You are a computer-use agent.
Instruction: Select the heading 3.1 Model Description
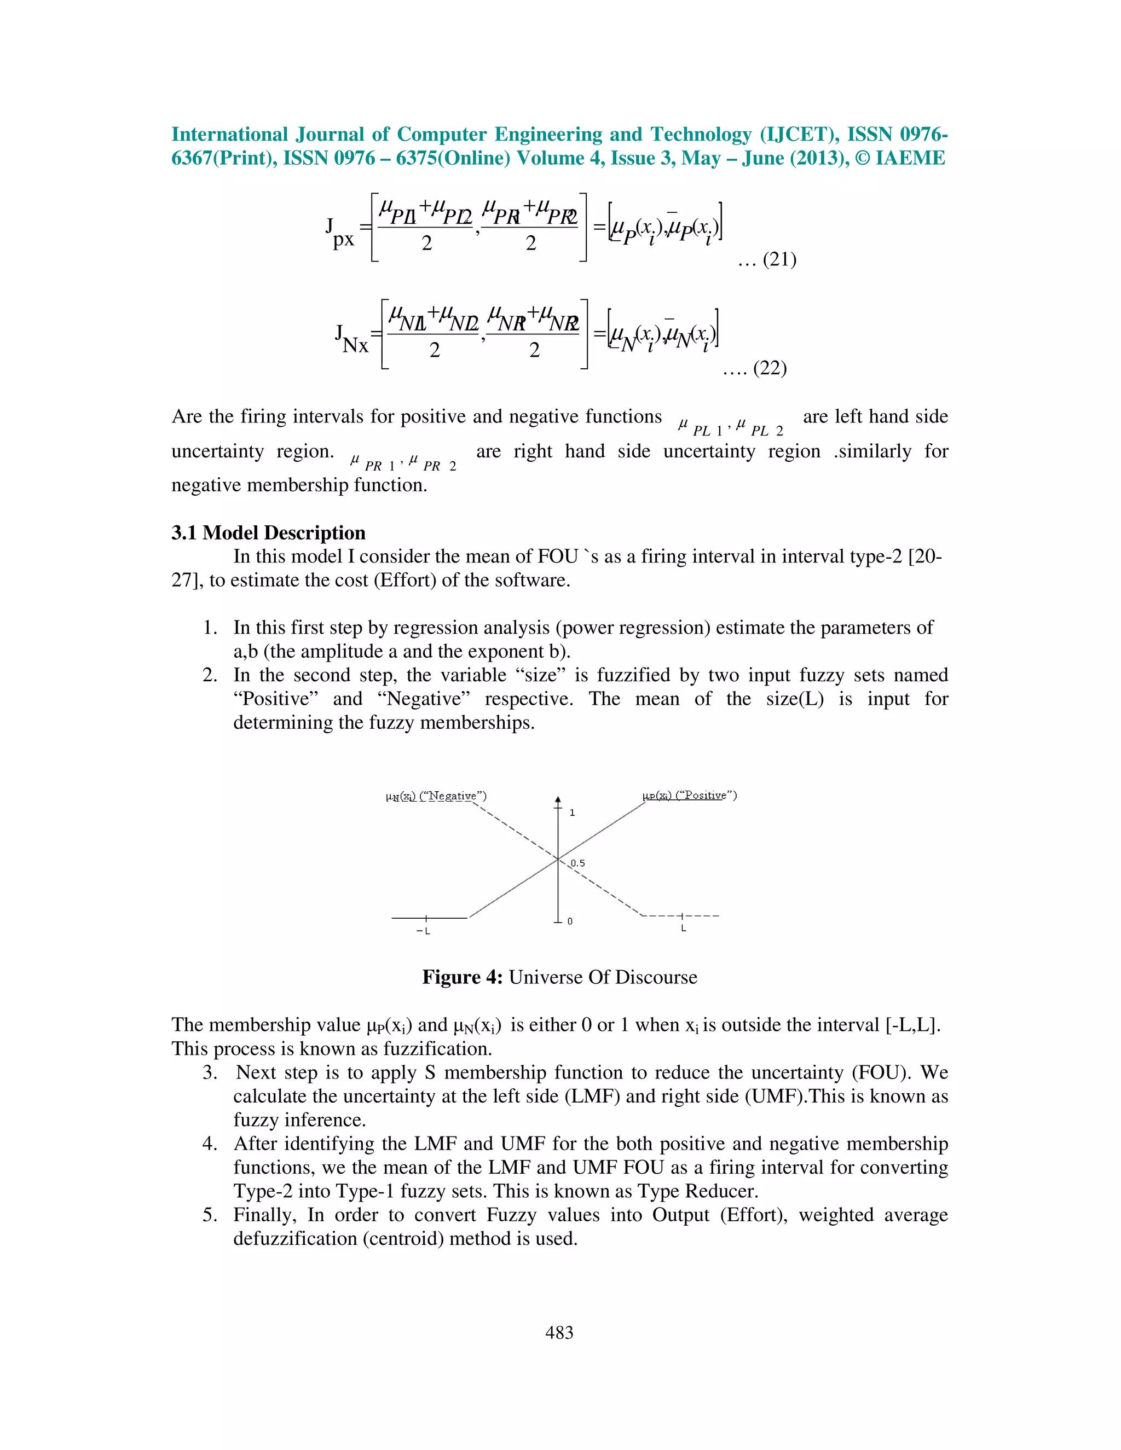pos(268,533)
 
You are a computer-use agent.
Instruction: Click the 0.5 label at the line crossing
pos(578,863)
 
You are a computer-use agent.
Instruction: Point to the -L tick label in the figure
pos(423,931)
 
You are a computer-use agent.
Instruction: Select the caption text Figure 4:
pos(462,977)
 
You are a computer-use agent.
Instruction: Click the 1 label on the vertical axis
pos(573,813)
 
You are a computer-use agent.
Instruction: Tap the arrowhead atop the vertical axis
pos(558,800)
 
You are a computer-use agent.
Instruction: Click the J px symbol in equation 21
pos(339,233)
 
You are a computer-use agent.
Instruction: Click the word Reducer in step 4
pos(721,1191)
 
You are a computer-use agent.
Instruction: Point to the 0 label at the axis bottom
pos(570,921)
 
